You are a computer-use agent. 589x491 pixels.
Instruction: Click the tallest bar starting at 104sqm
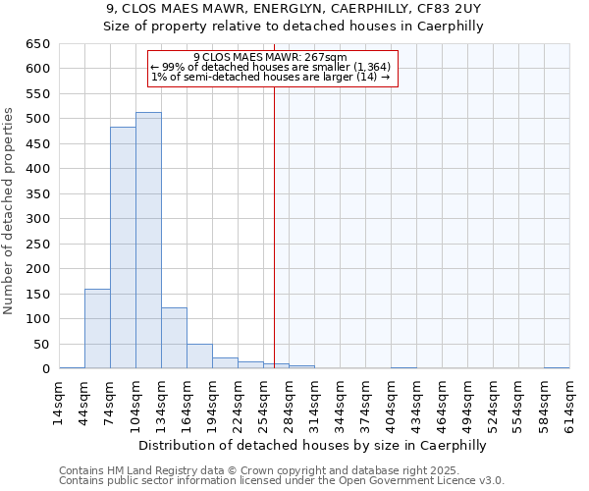[x=148, y=241]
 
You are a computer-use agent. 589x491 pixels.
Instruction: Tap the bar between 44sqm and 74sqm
[x=97, y=329]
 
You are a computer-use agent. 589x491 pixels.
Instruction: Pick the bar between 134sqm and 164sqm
[x=174, y=338]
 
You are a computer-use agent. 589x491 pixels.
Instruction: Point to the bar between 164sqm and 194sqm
[x=199, y=356]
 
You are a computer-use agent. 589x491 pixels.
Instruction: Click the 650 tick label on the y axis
[x=37, y=44]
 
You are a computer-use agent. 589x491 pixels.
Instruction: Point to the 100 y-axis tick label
[x=37, y=319]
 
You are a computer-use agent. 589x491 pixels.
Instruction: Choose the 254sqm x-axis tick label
[x=263, y=401]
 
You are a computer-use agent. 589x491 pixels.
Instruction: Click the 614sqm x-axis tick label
[x=569, y=401]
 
